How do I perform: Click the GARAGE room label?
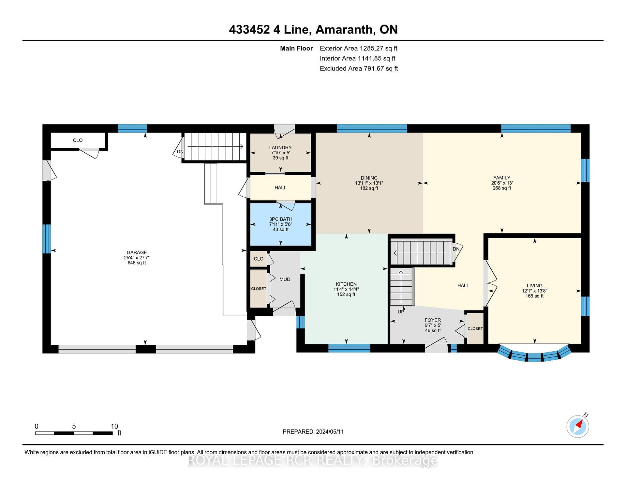coord(137,252)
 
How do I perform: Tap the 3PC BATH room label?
coord(281,219)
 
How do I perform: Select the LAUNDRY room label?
coord(280,147)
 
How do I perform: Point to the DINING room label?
coord(369,178)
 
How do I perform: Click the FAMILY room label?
coord(502,178)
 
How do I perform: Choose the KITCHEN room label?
coord(346,284)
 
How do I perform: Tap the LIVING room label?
coord(535,286)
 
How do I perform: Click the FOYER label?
coord(433,320)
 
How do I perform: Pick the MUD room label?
coord(285,280)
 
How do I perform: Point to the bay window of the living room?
coord(535,355)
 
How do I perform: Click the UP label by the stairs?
coord(401,312)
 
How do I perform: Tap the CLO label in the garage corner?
coord(78,140)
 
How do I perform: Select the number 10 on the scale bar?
coord(114,426)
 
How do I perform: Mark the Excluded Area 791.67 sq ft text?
coord(359,68)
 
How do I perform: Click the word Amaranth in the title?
coord(344,30)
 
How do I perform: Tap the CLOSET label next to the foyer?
coord(475,329)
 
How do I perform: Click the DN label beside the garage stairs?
coord(180,152)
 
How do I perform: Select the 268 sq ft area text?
coord(502,188)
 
